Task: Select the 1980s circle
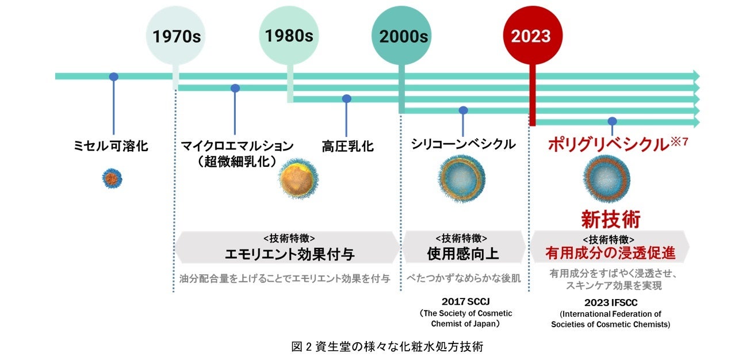point(289,36)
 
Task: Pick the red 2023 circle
point(531,36)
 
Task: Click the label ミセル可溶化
point(111,146)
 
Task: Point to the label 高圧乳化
point(347,146)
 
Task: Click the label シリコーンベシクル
point(463,144)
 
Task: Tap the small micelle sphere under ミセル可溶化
point(112,178)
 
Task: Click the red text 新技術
point(610,219)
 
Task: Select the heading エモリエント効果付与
point(289,254)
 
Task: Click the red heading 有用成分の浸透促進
point(610,253)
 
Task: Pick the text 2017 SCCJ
point(463,301)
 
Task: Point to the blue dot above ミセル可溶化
point(114,76)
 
